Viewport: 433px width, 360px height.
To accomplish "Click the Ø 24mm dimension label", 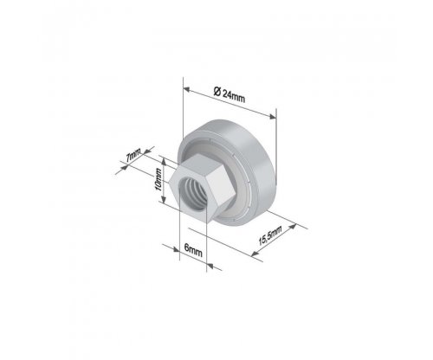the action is pyautogui.click(x=229, y=94).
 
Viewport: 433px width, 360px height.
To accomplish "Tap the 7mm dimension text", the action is pyautogui.click(x=133, y=156).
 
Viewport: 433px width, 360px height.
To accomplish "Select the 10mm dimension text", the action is pyautogui.click(x=158, y=179).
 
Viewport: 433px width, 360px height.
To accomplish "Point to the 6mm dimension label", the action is pyautogui.click(x=193, y=250).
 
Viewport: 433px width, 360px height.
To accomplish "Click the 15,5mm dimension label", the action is pyautogui.click(x=270, y=235).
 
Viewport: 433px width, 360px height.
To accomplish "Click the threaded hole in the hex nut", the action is pyautogui.click(x=191, y=193).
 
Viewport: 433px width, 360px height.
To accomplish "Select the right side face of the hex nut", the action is pyautogui.click(x=222, y=190).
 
